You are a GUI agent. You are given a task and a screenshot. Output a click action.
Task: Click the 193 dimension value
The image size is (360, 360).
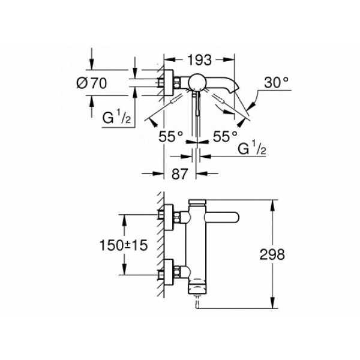[199, 60]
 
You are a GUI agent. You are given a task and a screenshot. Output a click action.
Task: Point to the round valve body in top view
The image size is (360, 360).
[198, 82]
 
